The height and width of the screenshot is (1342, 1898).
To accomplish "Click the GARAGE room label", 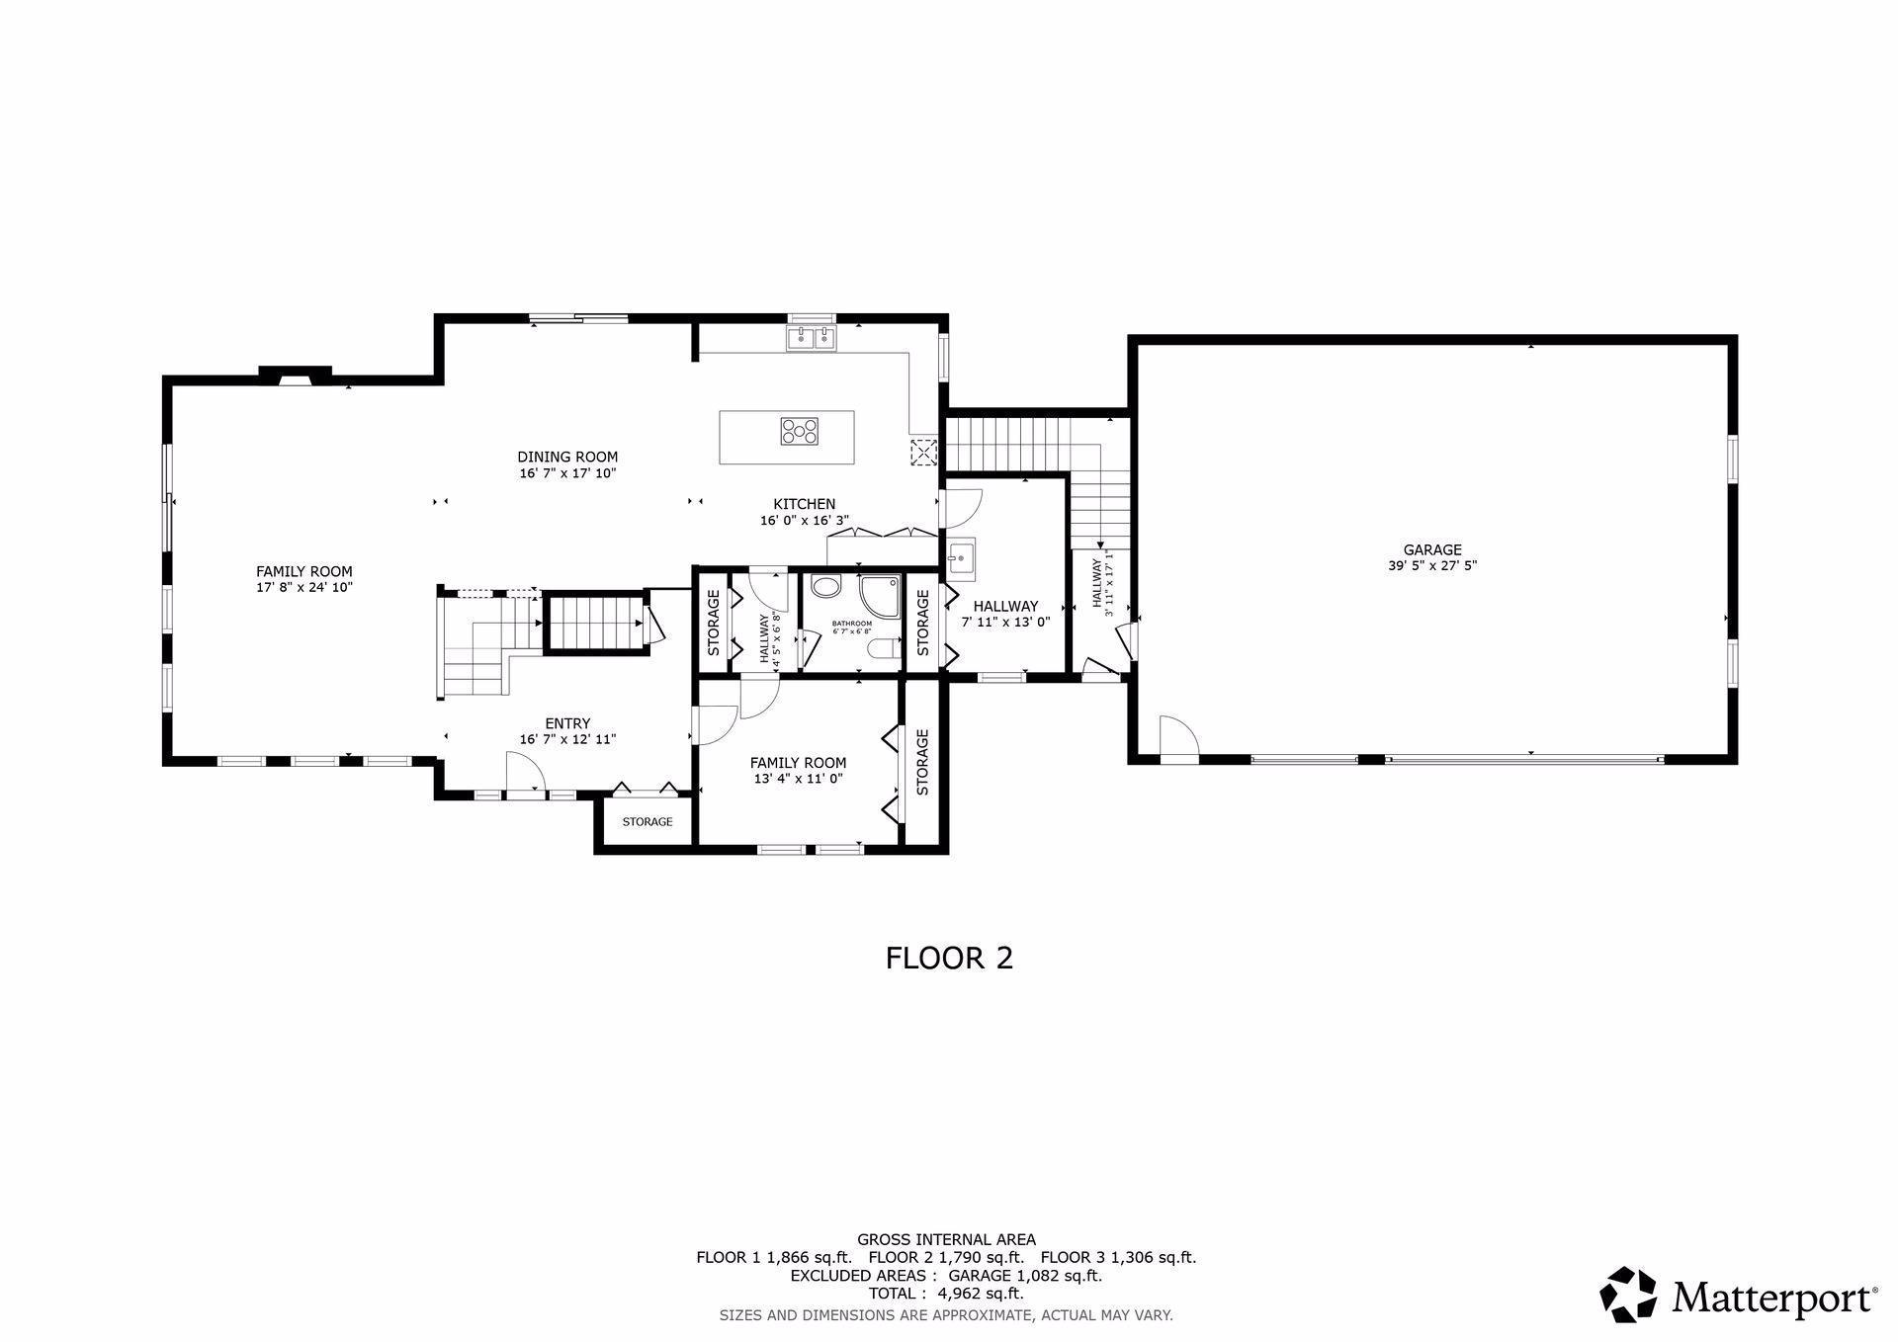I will coord(1431,550).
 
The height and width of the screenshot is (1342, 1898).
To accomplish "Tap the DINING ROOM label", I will coord(567,457).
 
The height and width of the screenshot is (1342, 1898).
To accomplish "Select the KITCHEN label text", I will coord(804,504).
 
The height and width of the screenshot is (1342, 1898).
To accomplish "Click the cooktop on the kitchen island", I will coord(800,431).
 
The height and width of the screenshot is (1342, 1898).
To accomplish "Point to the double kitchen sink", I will coord(812,339).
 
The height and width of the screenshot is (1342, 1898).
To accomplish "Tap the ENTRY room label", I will coord(567,723).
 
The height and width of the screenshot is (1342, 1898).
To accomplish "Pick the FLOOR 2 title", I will coord(949,958).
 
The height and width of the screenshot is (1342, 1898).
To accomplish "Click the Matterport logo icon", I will coord(1628,1294).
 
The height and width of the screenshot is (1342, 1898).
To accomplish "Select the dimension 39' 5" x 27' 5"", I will coord(1431,567).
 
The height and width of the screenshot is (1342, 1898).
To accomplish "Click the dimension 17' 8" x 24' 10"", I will coord(303,588).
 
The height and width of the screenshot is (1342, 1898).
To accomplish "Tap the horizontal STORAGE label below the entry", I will coord(647,822).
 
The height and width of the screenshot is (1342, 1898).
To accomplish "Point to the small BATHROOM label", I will coord(851,624).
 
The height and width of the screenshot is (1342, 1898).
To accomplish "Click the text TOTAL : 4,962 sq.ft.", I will coord(946,1294).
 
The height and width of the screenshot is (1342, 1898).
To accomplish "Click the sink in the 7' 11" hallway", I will coord(960,559).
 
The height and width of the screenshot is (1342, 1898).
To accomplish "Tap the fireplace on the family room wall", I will coord(295,376).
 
